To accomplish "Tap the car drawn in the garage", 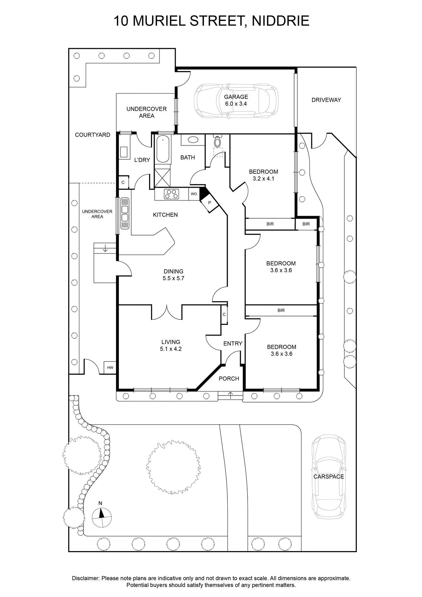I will point(236,101).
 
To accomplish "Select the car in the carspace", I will point(328,476).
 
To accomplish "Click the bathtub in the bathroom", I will point(163,149).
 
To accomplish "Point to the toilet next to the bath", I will point(217,141).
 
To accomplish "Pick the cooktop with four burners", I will point(171,194).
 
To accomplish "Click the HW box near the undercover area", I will point(110,368).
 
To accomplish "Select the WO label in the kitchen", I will point(194,194).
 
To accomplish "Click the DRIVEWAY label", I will point(326,100).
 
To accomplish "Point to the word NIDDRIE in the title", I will point(280,21).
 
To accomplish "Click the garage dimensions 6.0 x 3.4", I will point(236,104).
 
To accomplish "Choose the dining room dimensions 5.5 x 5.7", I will point(173,278).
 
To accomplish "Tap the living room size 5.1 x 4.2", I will point(171,349).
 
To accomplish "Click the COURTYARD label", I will point(92,135).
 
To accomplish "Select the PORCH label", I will point(229,378).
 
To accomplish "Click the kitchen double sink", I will point(125,213).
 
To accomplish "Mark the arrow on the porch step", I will point(230,395).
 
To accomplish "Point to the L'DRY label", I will point(142,160).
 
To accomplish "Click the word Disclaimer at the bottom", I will point(85,578).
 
